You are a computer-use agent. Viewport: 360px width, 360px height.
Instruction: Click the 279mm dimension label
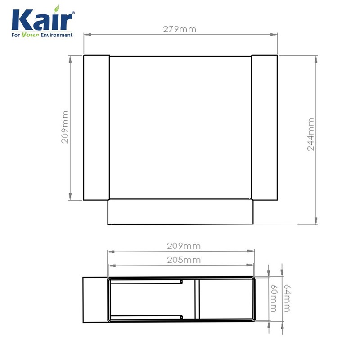coord(180,30)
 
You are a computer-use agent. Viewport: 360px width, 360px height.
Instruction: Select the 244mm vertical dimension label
coord(311,134)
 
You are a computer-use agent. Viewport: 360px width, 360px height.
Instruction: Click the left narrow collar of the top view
coord(96,128)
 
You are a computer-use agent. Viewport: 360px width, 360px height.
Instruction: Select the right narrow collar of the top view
coord(264,128)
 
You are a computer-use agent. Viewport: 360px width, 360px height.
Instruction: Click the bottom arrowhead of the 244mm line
coord(317,220)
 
